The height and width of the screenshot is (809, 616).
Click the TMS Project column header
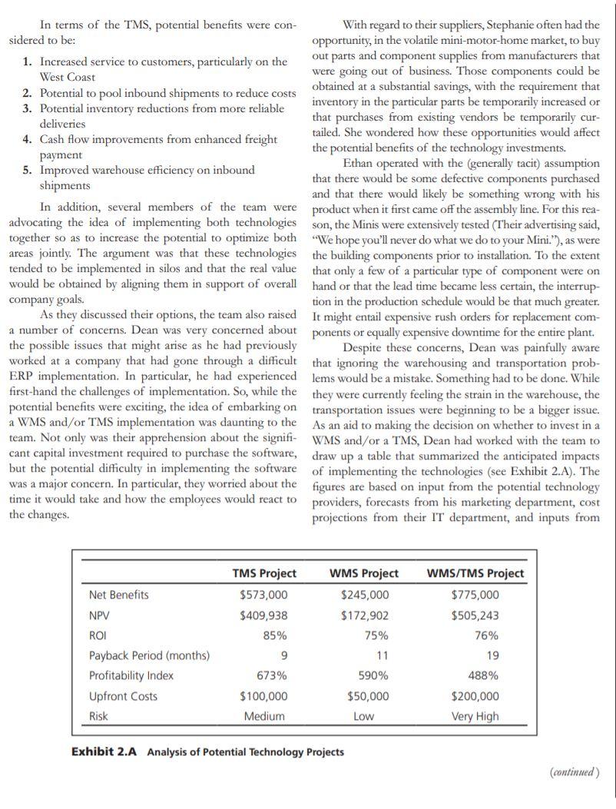click(264, 573)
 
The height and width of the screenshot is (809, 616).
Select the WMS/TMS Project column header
click(475, 573)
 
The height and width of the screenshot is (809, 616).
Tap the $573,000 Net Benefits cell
click(264, 595)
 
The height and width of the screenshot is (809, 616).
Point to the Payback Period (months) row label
click(149, 655)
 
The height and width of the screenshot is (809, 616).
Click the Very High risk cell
click(475, 716)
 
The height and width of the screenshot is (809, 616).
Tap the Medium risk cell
click(264, 716)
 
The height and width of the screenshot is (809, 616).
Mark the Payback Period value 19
click(492, 655)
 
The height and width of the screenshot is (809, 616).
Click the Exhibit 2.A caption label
click(104, 751)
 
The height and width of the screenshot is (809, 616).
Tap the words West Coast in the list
click(68, 77)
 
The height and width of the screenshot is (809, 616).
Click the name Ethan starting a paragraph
click(359, 163)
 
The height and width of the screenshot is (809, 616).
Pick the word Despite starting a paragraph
click(363, 346)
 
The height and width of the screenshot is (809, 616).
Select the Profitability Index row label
click(131, 676)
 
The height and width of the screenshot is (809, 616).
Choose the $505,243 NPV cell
click(475, 615)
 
